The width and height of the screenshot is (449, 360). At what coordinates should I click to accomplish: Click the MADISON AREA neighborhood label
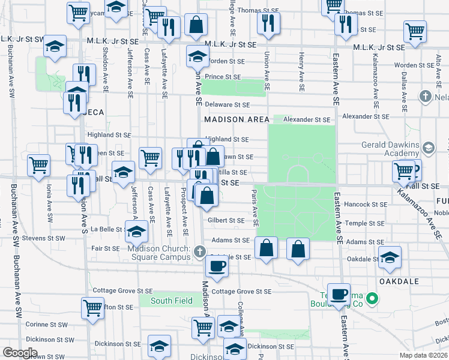coord(237,119)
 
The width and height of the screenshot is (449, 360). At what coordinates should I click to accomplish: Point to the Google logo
coord(20,353)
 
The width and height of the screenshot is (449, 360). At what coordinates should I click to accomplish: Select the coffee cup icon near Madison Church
coord(217,266)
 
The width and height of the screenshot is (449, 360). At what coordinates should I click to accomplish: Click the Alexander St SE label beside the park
coord(307,120)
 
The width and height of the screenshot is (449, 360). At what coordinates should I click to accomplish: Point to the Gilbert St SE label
coord(226,221)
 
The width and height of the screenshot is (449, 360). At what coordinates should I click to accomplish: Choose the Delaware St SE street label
coord(227,104)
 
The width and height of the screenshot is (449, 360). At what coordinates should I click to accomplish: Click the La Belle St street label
coord(106,229)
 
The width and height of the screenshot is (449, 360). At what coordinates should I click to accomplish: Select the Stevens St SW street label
coord(43,238)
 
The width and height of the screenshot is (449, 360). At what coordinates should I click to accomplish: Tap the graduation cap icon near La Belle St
coord(136,231)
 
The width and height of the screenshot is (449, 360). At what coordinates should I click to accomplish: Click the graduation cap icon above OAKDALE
coord(390,256)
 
